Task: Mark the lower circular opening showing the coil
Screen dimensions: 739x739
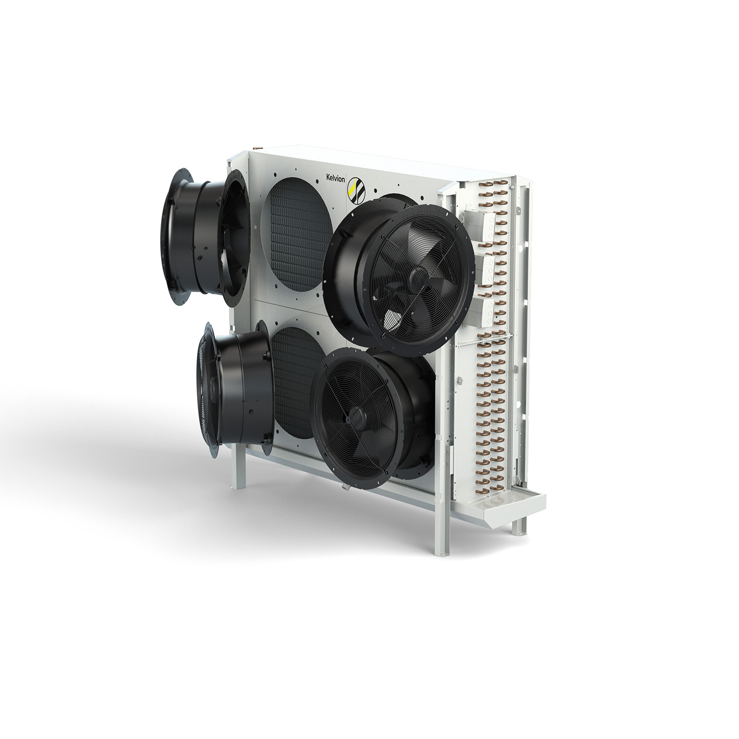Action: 294,379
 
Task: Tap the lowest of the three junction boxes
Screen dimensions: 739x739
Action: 486,310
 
